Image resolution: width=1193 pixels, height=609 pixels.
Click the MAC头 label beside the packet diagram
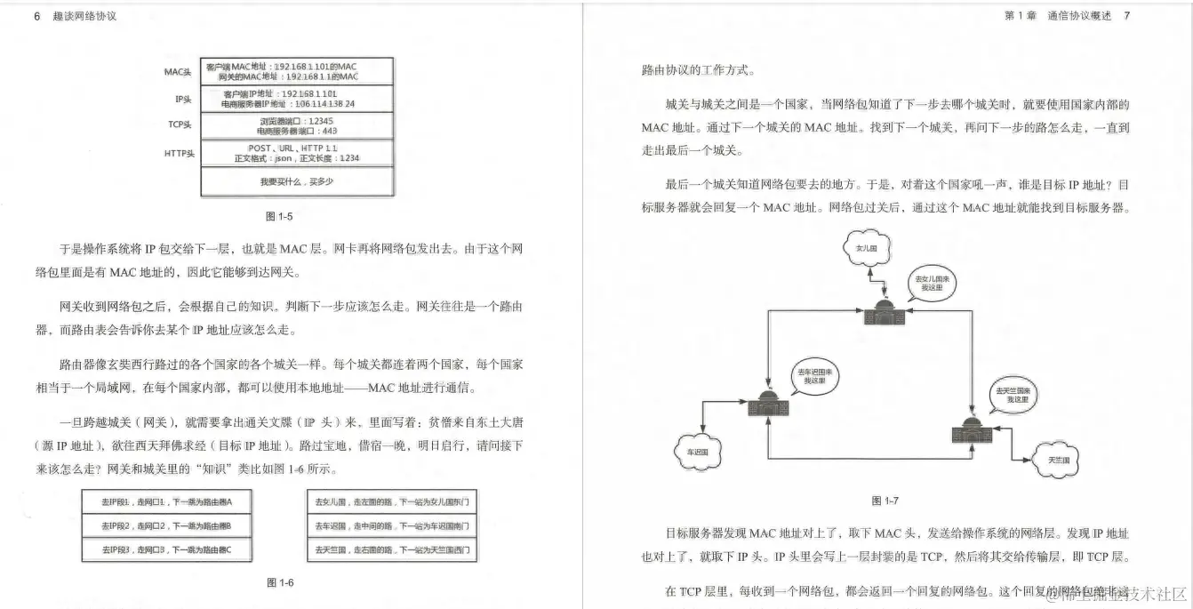[x=178, y=72]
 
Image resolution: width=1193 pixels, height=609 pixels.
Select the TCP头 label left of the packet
[x=180, y=125]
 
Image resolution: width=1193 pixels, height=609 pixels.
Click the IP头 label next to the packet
[x=183, y=99]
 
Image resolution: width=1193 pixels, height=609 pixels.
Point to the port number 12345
[x=318, y=120]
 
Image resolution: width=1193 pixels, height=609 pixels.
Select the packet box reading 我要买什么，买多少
[x=297, y=181]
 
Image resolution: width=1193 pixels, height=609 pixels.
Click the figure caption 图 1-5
[x=279, y=216]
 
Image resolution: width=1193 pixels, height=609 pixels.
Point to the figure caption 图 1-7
[x=885, y=501]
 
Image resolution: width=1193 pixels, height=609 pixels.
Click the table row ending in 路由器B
[x=166, y=526]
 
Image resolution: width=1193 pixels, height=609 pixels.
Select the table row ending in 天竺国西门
[x=392, y=550]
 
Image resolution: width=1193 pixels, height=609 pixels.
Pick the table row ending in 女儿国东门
[x=392, y=502]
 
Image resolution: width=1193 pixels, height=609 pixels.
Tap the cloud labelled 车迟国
[x=696, y=452]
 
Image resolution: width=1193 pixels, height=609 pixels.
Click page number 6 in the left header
[x=36, y=16]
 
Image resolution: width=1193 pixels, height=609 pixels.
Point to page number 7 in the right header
[x=1127, y=16]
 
